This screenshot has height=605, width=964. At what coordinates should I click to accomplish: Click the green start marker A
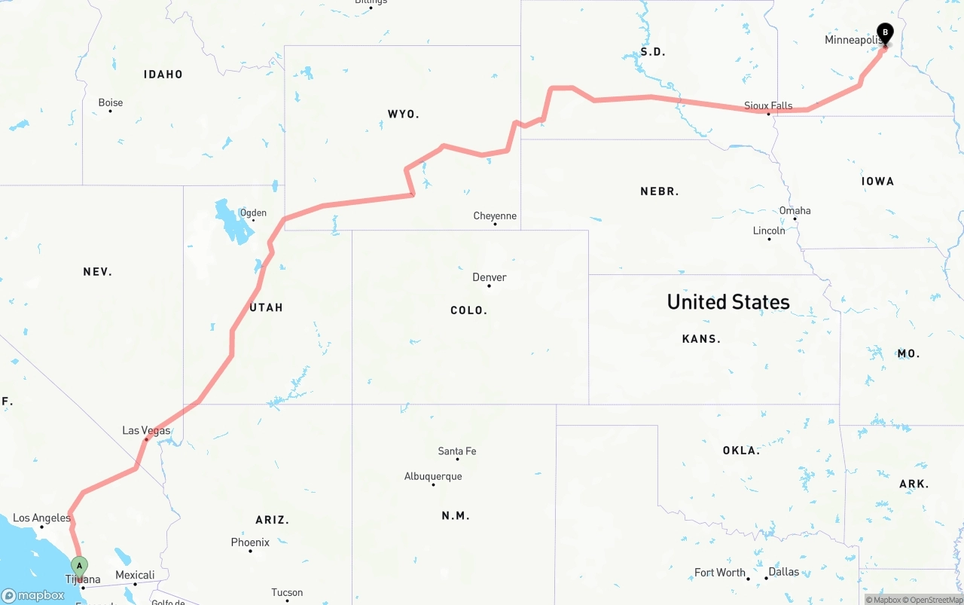79,566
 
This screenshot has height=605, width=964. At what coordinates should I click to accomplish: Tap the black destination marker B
885,33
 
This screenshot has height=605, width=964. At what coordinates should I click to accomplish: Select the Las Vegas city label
146,431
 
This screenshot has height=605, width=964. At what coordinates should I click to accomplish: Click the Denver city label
489,277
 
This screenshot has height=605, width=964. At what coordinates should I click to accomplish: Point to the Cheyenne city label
495,216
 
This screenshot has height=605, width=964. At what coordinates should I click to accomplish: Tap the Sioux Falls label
768,105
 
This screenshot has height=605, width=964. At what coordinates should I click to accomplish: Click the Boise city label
110,102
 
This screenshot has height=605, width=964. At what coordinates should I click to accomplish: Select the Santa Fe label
456,451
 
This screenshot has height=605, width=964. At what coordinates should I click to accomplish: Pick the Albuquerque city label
433,476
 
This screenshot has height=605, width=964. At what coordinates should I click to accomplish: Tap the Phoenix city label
250,542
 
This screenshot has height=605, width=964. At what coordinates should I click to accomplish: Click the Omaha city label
795,210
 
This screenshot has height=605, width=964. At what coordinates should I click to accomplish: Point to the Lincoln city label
769,231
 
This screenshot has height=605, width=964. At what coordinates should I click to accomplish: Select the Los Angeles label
41,518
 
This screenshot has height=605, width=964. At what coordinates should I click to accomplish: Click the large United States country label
728,302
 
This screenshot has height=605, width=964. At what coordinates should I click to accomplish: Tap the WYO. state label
403,114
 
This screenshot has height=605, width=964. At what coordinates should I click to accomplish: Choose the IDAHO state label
163,74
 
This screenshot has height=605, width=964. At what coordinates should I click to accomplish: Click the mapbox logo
33,595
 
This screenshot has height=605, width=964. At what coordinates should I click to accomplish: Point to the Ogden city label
253,212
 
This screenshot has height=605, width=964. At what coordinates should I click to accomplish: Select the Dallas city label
783,572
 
